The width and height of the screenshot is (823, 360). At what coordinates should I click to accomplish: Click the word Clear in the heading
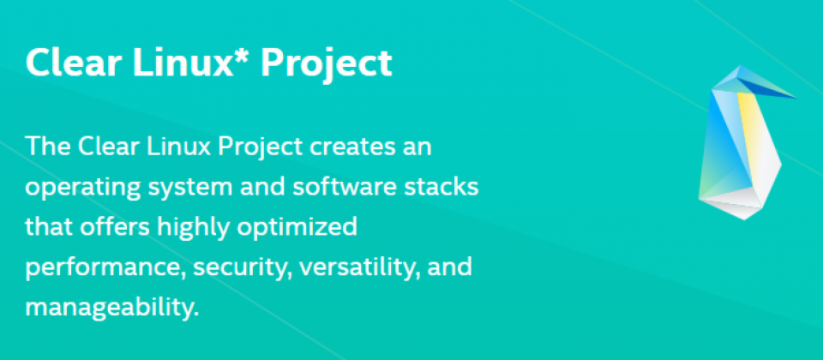coord(71,63)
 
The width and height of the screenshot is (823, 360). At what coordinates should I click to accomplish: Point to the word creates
coord(349,147)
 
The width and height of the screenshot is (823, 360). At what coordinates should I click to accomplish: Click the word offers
coord(118,226)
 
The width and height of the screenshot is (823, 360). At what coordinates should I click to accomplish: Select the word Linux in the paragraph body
coord(174,146)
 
